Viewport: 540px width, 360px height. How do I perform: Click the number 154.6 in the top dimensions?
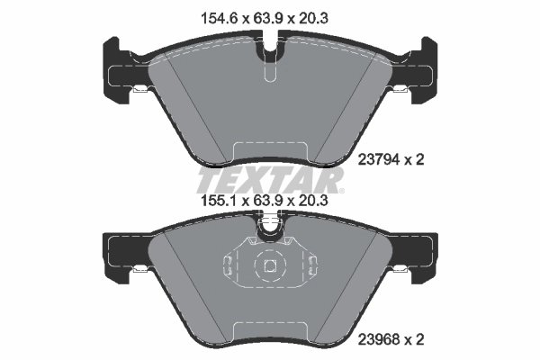click(x=212, y=15)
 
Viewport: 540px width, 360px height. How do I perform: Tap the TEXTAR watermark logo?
click(x=270, y=176)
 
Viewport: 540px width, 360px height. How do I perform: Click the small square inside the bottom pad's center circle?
click(x=269, y=265)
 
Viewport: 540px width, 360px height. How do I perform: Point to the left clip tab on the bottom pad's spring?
click(x=229, y=265)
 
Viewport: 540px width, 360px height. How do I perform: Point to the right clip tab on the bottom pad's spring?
click(x=310, y=265)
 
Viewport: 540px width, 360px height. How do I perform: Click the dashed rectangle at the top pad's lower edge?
click(x=269, y=155)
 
